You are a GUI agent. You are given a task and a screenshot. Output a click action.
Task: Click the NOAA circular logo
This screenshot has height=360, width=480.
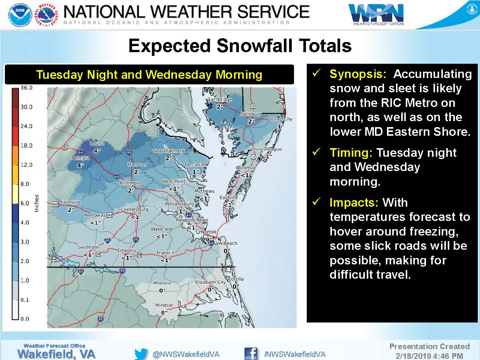click(x=21, y=15)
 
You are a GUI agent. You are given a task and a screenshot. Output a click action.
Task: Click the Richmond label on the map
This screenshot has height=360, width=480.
click(x=131, y=183)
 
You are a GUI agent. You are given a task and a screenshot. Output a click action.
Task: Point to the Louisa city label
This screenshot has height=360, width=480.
click(x=97, y=143)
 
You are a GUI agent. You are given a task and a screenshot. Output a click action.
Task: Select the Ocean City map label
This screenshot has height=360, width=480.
click(x=280, y=119)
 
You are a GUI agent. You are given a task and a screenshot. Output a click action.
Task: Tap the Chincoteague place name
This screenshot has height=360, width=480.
click(x=266, y=149)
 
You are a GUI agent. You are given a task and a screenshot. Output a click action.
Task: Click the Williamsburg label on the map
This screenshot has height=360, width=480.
click(x=179, y=204)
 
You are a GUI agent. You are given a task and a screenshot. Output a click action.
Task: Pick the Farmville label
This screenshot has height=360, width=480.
click(x=70, y=202)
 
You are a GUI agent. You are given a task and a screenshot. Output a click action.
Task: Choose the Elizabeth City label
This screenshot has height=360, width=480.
click(x=210, y=282)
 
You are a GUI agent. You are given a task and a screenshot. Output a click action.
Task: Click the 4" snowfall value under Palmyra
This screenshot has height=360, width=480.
click(x=80, y=165)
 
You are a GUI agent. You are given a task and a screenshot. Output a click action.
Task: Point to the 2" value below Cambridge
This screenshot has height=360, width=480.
click(x=220, y=107)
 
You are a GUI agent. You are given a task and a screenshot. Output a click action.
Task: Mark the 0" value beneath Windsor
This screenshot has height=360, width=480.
click(x=164, y=313)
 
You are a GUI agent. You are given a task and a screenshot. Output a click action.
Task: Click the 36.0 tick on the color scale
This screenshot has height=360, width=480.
click(x=27, y=88)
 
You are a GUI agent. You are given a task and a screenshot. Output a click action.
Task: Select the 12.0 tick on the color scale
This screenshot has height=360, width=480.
click(x=27, y=165)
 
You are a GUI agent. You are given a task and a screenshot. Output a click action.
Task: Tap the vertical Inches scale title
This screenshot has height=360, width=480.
click(x=36, y=203)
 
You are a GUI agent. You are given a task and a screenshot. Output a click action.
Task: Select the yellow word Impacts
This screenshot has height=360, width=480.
click(x=354, y=202)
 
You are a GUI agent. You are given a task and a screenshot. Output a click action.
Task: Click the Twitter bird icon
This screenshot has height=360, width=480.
click(x=141, y=354)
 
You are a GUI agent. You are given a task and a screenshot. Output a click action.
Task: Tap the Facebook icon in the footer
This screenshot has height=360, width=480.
click(x=250, y=354)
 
